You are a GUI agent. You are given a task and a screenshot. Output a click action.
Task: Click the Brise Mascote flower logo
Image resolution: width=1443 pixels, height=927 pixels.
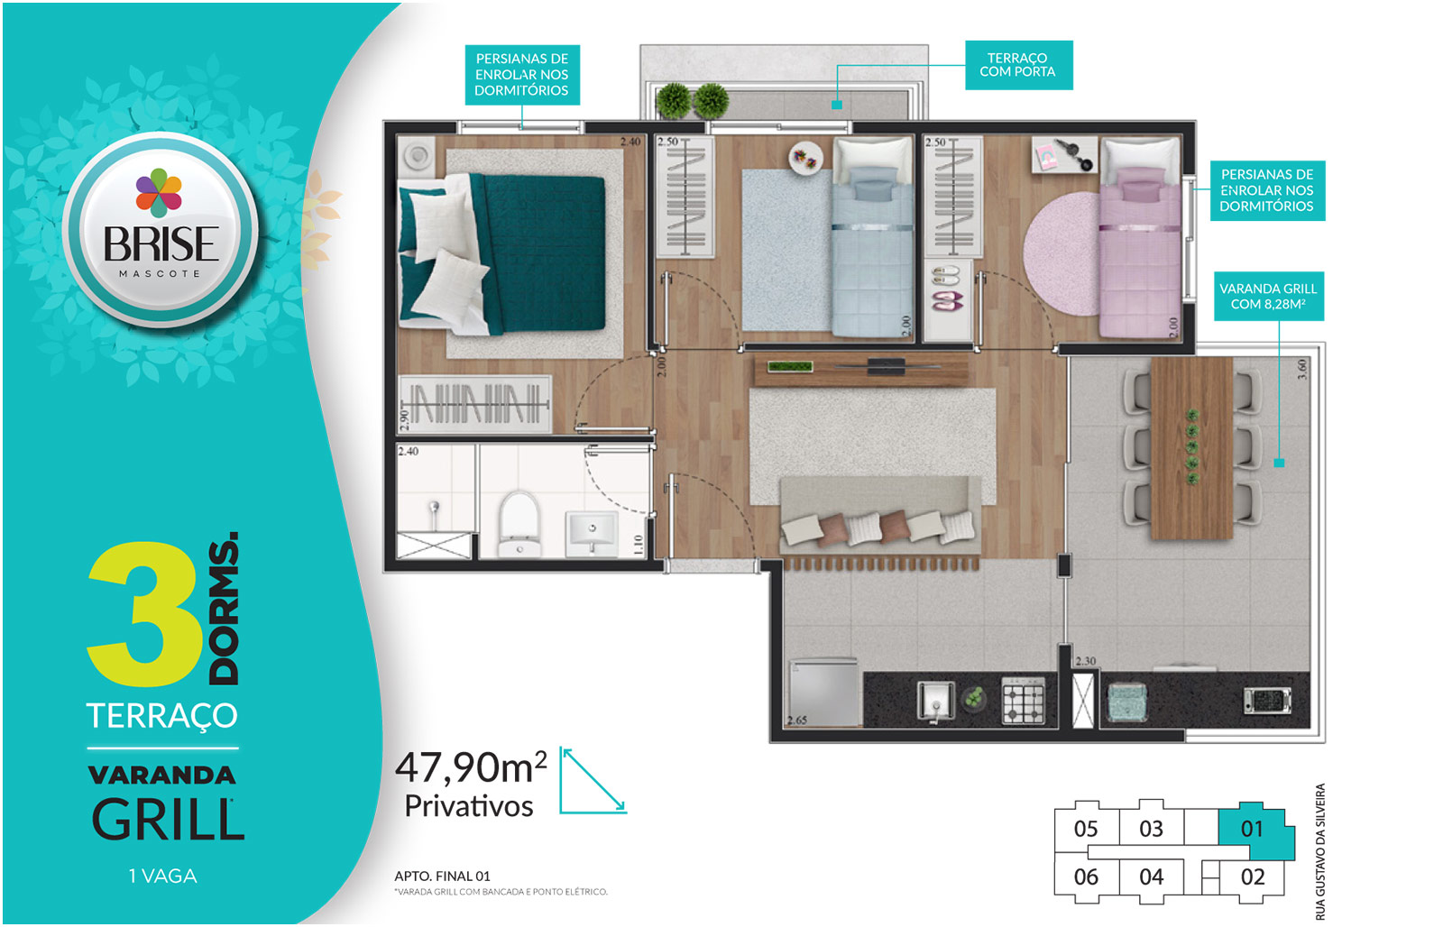coord(159,193)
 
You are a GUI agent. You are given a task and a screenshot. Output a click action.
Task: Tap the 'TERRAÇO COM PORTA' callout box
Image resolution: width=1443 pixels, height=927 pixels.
coord(1018,65)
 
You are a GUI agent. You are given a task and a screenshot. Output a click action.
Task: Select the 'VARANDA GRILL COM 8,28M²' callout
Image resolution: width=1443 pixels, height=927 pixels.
coord(1268,297)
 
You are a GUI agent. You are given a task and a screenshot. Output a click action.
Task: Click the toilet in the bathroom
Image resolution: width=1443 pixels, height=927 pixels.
coord(519,523)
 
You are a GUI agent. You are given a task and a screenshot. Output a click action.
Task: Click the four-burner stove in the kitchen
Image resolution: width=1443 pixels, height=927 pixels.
coord(1023,701)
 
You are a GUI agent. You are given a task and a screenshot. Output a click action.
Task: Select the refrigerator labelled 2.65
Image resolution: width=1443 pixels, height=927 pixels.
coord(824,693)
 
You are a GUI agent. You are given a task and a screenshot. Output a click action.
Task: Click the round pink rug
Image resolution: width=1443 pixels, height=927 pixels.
coord(1063,253)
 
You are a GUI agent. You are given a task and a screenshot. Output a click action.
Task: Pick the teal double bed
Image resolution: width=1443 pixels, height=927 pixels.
coord(502,254)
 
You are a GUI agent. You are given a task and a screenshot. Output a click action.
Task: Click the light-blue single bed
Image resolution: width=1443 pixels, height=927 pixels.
coord(873,237)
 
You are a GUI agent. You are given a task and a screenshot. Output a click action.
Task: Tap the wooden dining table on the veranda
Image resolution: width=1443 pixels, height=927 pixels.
coord(1191,447)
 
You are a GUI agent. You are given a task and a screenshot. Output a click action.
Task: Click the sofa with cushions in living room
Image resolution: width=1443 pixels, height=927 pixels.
coord(880,516)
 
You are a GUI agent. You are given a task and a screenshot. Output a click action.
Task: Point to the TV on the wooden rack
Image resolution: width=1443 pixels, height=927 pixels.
coord(887,366)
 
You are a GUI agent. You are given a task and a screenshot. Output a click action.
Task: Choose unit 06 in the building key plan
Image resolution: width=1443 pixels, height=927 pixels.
coord(1086,877)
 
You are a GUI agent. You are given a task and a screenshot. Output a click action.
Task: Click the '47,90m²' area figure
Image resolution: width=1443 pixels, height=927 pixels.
coord(471,767)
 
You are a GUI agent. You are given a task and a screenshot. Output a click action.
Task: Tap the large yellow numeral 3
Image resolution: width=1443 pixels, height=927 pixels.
coord(144,614)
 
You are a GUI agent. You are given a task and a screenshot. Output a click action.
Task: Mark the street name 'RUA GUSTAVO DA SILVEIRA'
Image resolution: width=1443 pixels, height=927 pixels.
coord(1320,851)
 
